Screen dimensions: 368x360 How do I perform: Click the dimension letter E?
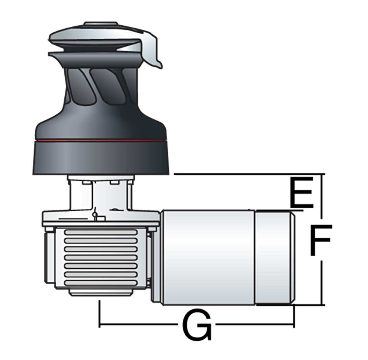click(x=302, y=192)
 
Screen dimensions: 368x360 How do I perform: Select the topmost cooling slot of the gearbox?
click(x=101, y=232)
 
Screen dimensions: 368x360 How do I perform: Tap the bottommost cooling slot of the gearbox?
click(x=101, y=283)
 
